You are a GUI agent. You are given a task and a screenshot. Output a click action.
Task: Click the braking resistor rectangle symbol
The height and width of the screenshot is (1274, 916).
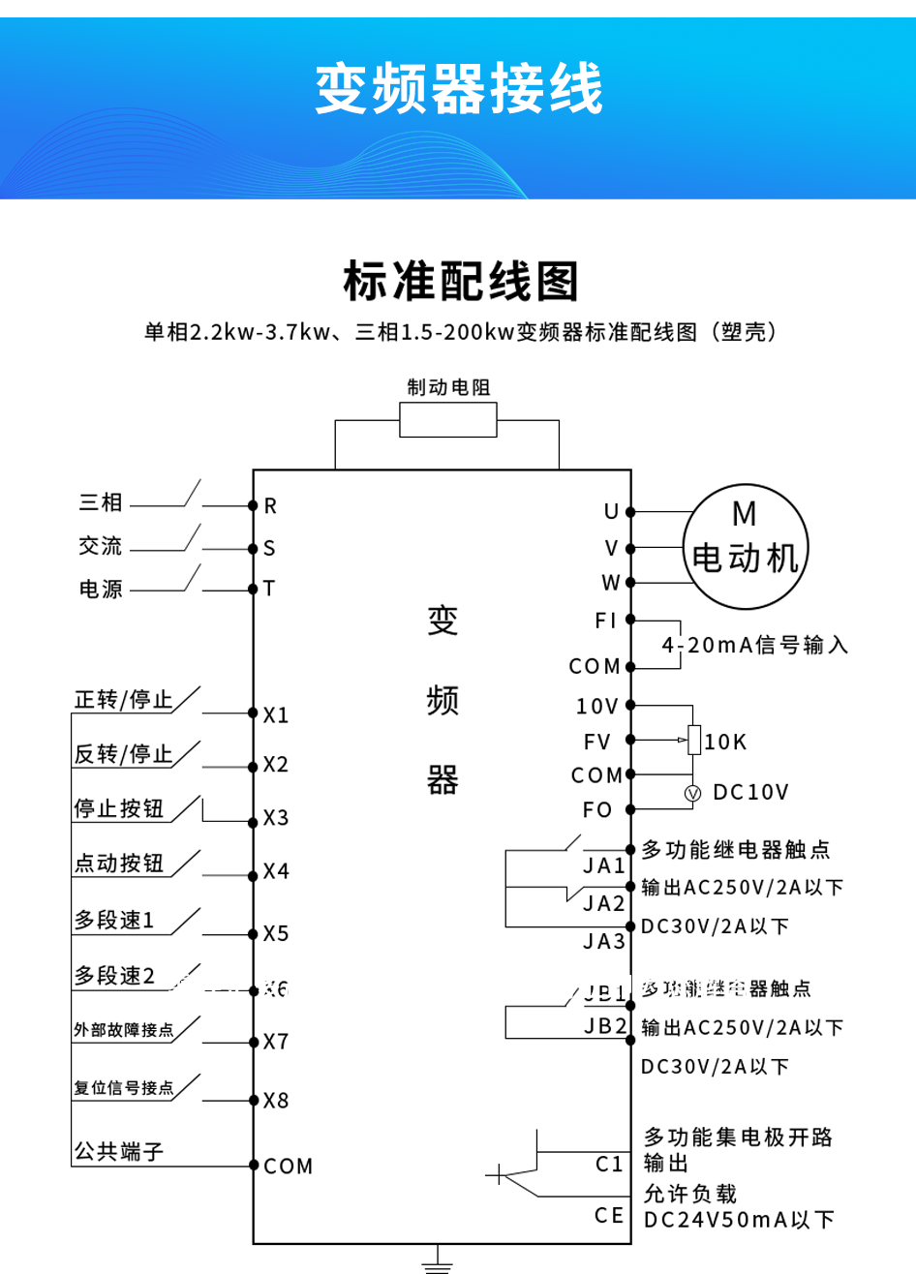[448, 420]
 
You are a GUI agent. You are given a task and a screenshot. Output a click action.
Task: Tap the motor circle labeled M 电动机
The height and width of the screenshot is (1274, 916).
[745, 546]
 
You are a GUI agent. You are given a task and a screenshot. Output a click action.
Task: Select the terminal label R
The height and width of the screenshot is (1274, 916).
[270, 506]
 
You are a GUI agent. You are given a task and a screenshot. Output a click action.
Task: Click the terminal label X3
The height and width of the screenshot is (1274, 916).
[276, 819]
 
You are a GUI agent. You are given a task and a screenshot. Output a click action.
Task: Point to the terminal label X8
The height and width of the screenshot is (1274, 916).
[276, 1101]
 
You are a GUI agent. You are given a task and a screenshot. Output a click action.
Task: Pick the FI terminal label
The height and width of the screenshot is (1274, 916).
[606, 621]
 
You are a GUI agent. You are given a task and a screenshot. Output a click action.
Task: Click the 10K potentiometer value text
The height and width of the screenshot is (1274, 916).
[725, 743]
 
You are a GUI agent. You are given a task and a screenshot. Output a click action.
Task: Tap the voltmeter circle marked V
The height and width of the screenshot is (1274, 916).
[692, 793]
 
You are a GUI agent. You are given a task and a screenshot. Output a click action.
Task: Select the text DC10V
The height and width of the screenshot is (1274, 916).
[751, 793]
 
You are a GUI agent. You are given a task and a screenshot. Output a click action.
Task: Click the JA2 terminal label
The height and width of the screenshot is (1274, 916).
[604, 904]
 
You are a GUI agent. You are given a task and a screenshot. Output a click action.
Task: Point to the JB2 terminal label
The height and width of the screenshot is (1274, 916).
[606, 1026]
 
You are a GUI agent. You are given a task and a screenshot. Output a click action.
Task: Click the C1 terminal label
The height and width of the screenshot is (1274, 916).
[609, 1165]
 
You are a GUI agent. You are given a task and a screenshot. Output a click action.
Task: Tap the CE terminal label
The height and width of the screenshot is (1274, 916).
[609, 1216]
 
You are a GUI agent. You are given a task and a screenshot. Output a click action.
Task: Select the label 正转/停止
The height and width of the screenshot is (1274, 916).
[124, 700]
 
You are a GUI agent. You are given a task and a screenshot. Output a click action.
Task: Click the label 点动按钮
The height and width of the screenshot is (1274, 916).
[119, 864]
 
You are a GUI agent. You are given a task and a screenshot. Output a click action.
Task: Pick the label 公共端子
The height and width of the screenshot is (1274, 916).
[119, 1152]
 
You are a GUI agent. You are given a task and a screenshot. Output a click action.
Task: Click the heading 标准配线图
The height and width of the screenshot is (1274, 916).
[461, 282]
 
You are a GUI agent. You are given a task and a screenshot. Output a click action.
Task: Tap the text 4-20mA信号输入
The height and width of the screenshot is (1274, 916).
[755, 646]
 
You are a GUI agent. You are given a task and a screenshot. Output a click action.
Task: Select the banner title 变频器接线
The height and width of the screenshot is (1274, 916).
[459, 89]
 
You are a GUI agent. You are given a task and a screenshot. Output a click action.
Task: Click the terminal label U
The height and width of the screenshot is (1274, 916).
[611, 512]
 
